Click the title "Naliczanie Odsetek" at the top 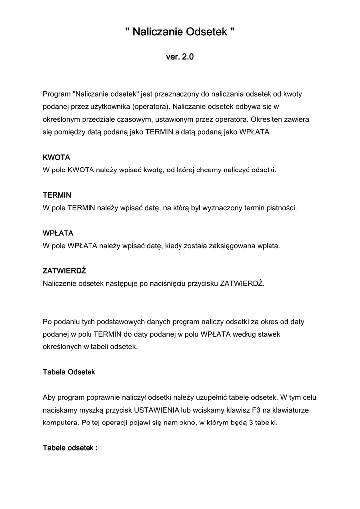point(180,33)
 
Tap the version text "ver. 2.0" point(180,57)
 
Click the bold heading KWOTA point(56,157)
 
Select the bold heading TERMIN point(57,195)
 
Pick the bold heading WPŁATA point(59,233)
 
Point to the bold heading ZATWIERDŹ point(65,271)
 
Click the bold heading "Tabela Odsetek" point(69,372)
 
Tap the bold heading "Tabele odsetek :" point(71,448)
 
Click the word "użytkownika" point(111,107)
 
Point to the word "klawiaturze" point(293,411)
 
